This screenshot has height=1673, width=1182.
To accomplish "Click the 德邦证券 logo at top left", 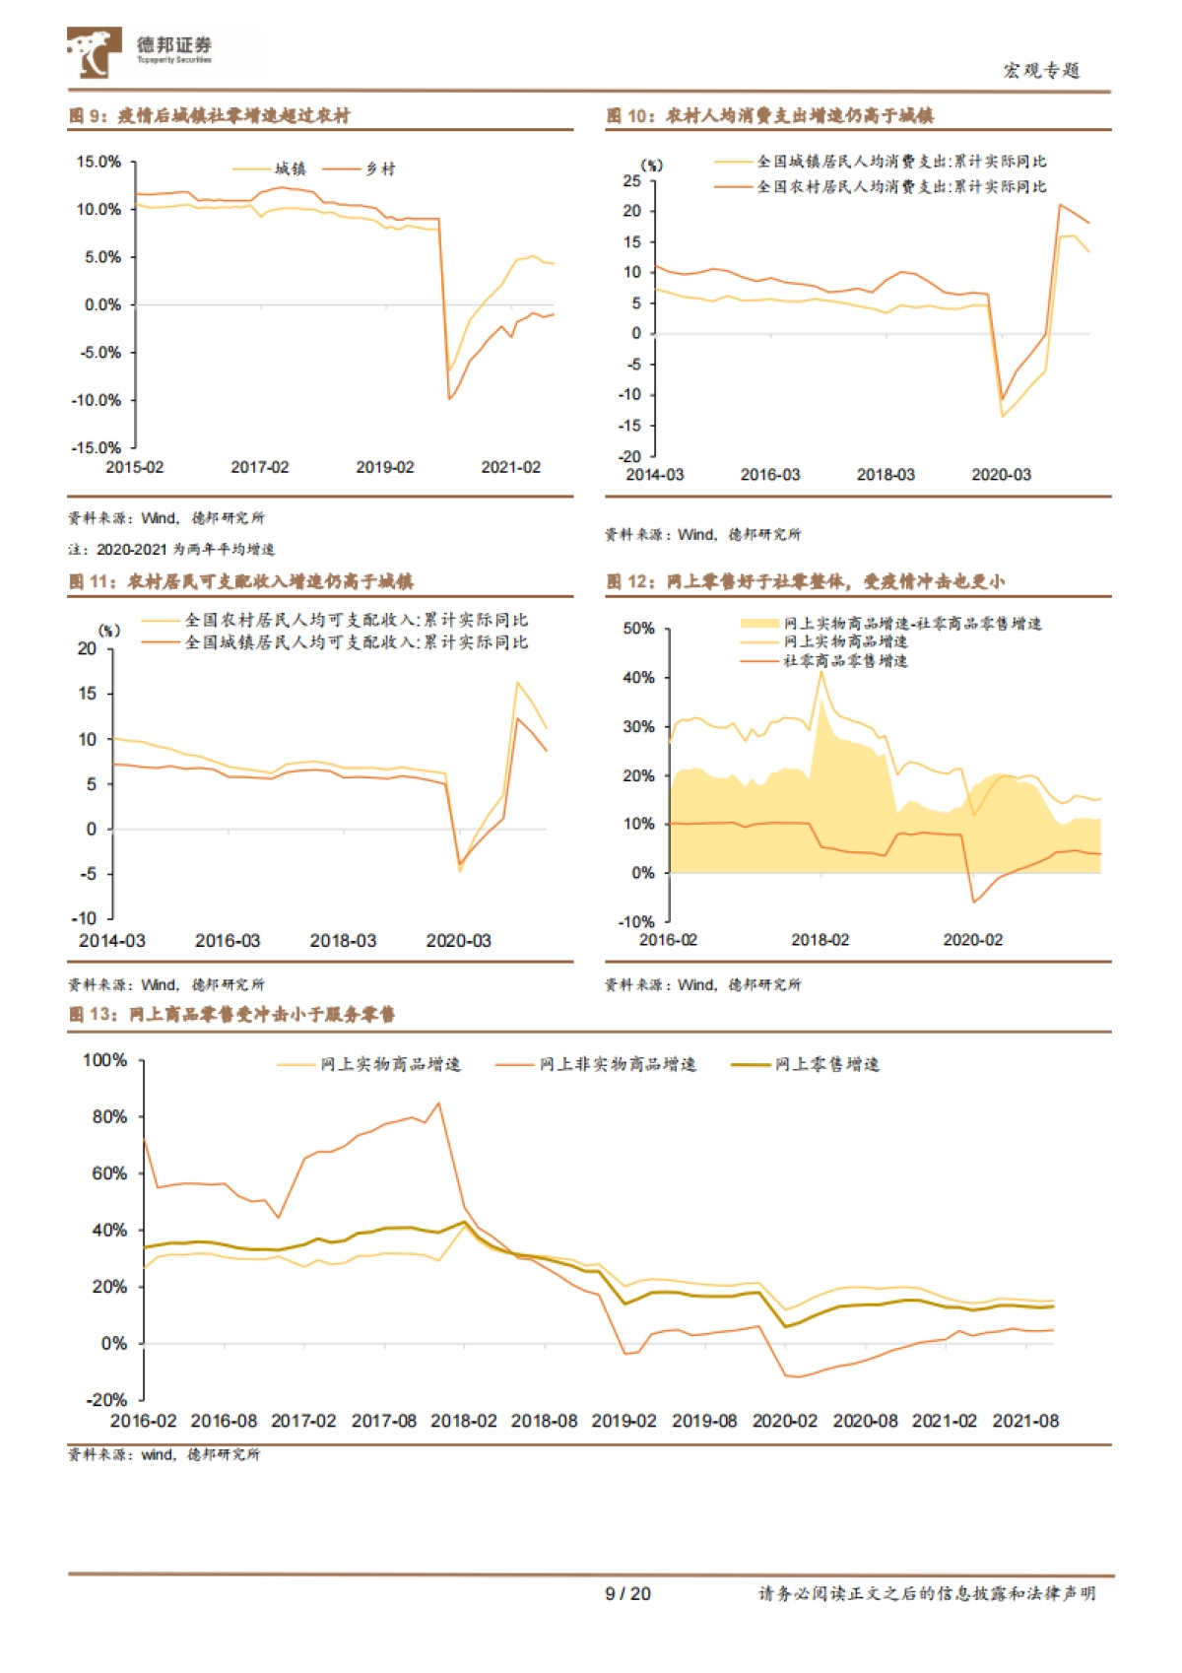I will pos(138,51).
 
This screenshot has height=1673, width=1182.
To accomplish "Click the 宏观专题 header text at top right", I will pos(1041,71).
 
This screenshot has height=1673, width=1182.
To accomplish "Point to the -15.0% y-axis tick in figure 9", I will pos(97,447).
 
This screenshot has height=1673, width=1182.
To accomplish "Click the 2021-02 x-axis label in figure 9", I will pos(510,467).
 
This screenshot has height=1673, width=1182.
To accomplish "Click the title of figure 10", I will pos(769,116).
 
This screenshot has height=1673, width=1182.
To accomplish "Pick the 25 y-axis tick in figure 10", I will pos(631,181).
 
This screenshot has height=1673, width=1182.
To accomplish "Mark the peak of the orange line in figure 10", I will pos(1060,205).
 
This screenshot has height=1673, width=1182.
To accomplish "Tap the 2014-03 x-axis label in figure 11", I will pos(111,941).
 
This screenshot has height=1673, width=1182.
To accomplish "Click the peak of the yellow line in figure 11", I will pos(517,682).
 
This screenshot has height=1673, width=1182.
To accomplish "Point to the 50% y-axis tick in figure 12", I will pos(638,629).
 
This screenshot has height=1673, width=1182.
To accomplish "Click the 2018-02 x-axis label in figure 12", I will pos(820,940).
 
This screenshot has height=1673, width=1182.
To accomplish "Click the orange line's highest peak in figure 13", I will pos(438,1104).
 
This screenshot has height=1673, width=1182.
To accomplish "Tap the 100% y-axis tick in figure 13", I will pos(104,1060).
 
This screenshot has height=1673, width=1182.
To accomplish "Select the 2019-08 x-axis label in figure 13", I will pos(704,1421).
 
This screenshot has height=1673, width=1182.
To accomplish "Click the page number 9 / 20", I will pos(627,1593).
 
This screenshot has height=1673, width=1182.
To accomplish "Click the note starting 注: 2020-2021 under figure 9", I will pos(171,550).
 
